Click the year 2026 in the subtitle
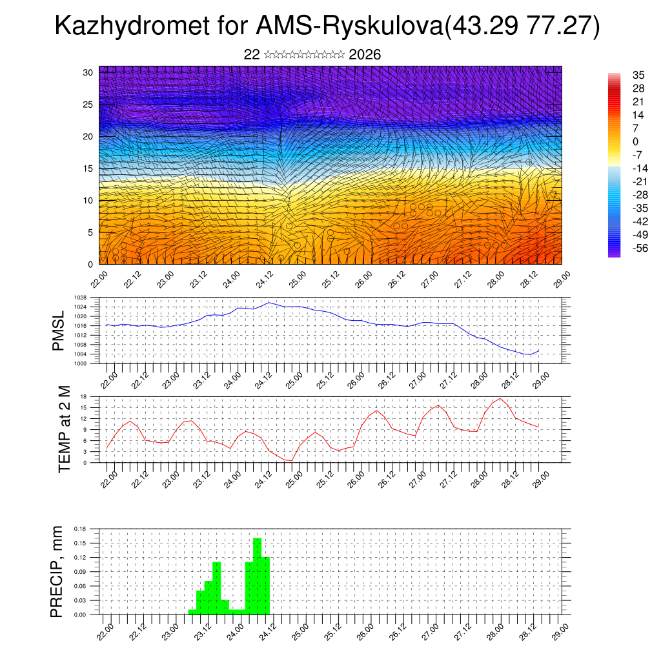pyautogui.click(x=365, y=55)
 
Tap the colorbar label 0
pyautogui.click(x=617, y=141)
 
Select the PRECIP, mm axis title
pyautogui.click(x=58, y=571)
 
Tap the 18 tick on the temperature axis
pyautogui.click(x=83, y=396)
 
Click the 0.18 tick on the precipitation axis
pyautogui.click(x=80, y=529)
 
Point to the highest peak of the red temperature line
pyautogui.click(x=500, y=398)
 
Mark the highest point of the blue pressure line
pyautogui.click(x=269, y=302)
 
